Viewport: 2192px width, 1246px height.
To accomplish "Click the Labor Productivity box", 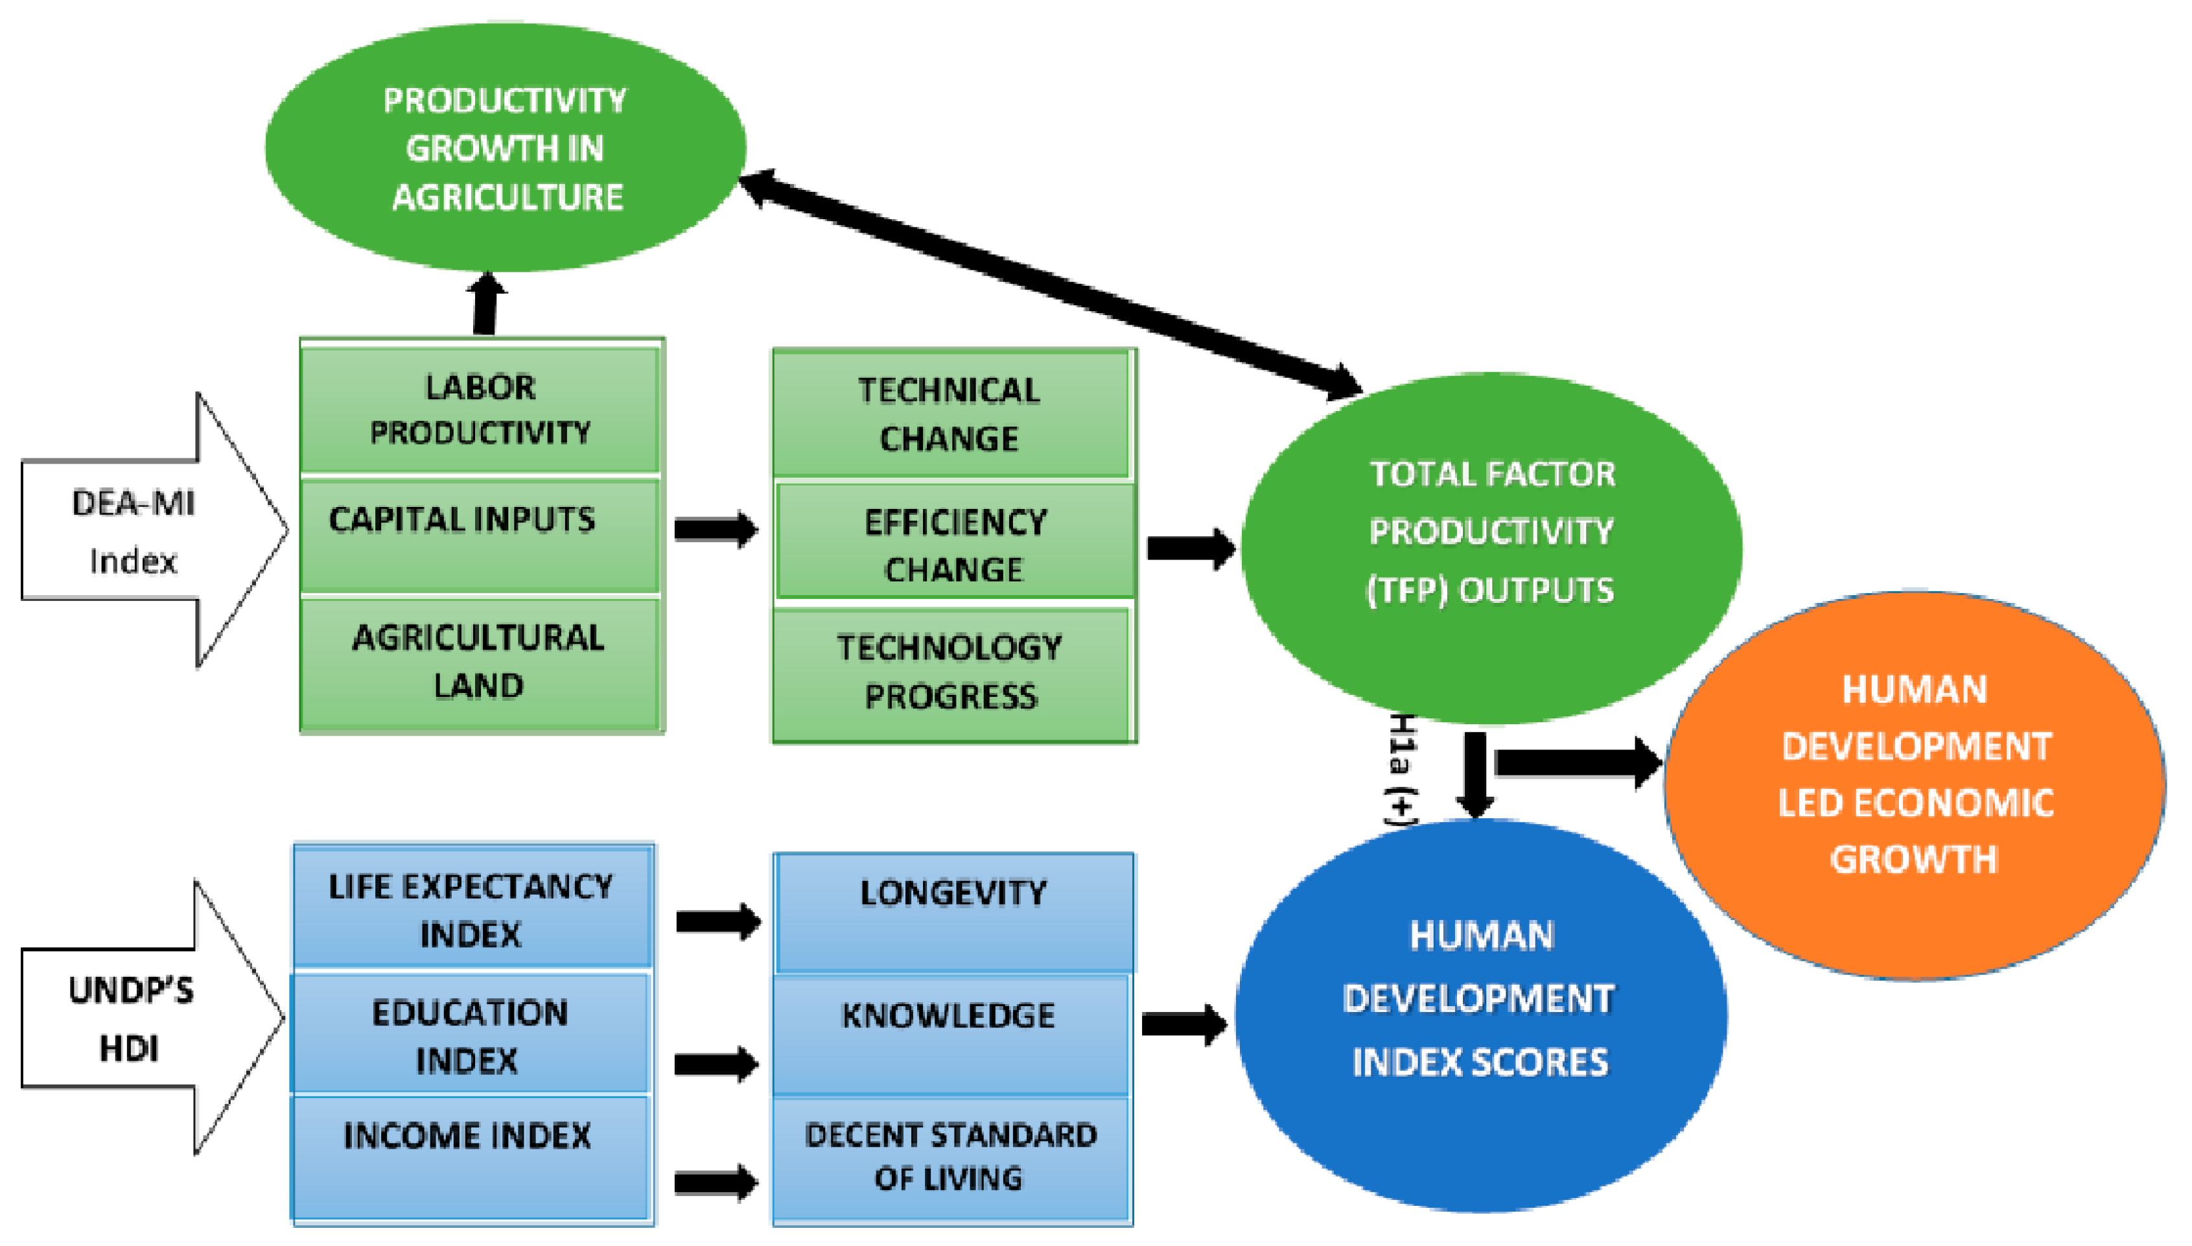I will click(480, 409).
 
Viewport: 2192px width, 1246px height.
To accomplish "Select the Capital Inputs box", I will click(480, 535).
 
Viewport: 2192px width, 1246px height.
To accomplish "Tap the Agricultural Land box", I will click(480, 661).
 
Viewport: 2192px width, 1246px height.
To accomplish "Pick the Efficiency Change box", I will click(954, 545).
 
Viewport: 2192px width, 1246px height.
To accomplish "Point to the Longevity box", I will click(953, 912).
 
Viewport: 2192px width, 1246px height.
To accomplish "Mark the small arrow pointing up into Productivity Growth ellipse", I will click(486, 304).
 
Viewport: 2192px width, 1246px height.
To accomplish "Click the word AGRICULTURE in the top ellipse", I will click(507, 198).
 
